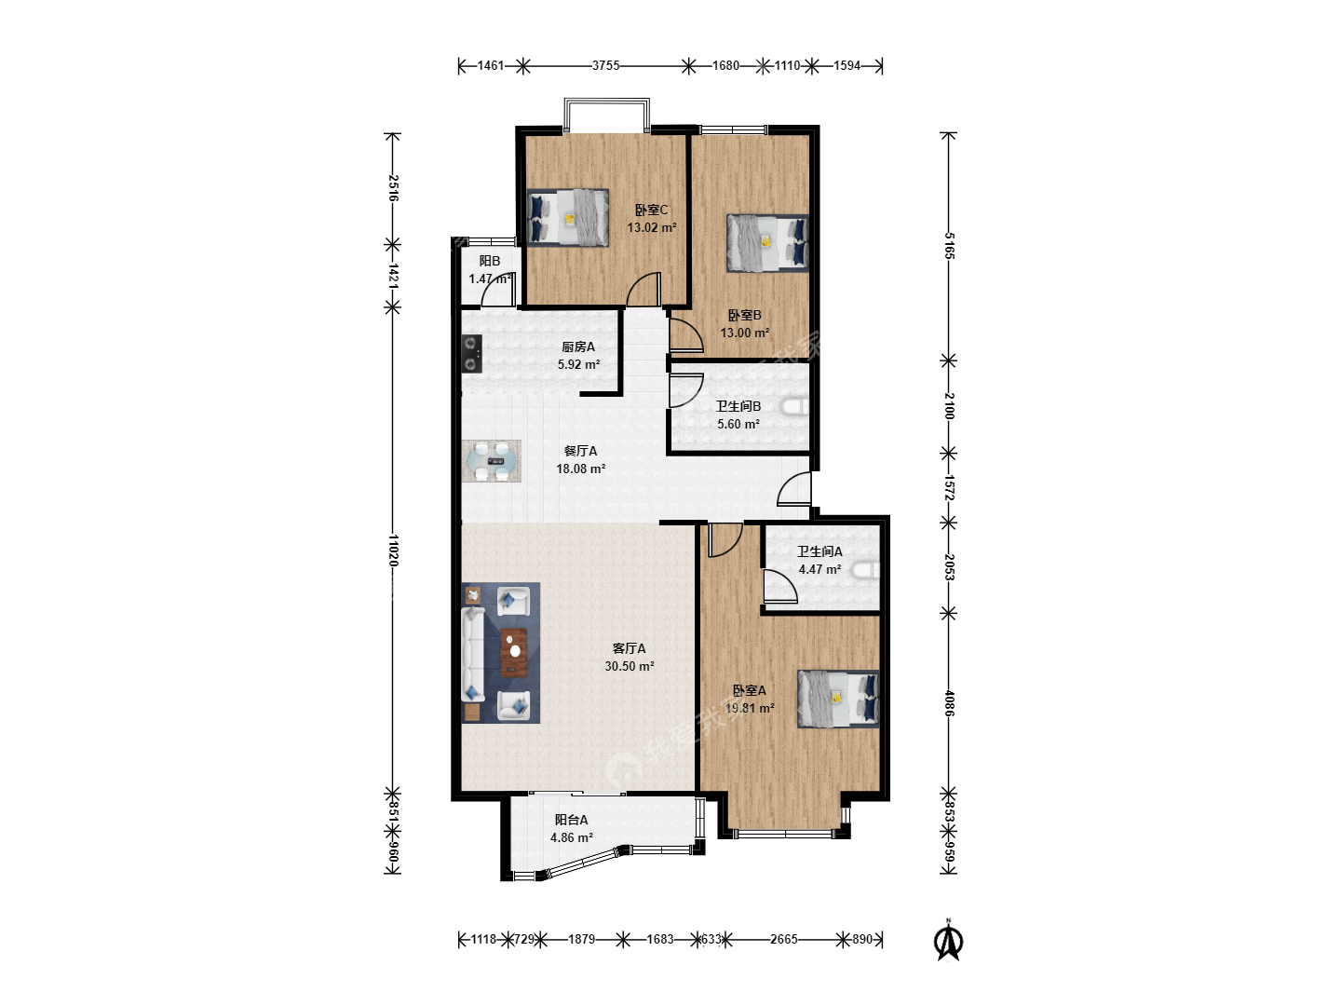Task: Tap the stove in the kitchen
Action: pyautogui.click(x=471, y=354)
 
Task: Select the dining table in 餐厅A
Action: pyautogui.click(x=492, y=461)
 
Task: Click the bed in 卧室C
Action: pyautogui.click(x=567, y=217)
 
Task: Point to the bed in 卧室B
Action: pyautogui.click(x=767, y=242)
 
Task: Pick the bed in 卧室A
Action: pyautogui.click(x=838, y=699)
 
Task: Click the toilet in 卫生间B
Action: pyautogui.click(x=795, y=407)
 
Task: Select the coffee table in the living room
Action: pyautogui.click(x=514, y=652)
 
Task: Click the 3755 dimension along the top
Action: pyautogui.click(x=605, y=65)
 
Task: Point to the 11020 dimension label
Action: pyautogui.click(x=393, y=551)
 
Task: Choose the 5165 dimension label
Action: pyautogui.click(x=949, y=246)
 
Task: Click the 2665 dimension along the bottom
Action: pyautogui.click(x=784, y=939)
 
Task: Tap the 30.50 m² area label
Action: pyautogui.click(x=630, y=666)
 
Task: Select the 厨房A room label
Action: pyautogui.click(x=578, y=347)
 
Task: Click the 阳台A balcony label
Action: pyautogui.click(x=571, y=820)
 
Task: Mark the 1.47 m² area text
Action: pyautogui.click(x=490, y=279)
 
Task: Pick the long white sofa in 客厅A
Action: pyautogui.click(x=473, y=654)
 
